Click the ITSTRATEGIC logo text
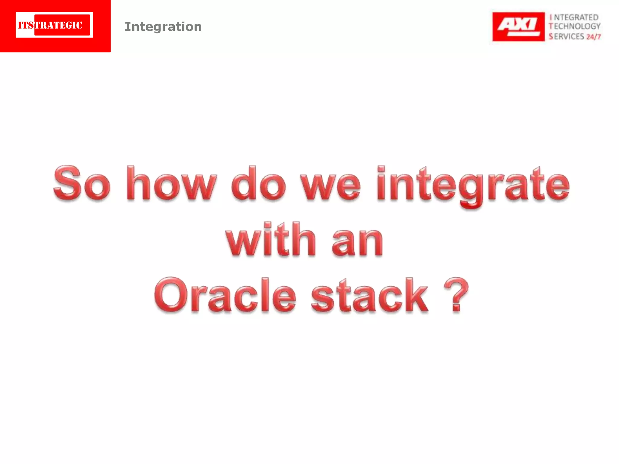point(50,25)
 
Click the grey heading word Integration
point(163,27)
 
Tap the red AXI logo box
point(518,27)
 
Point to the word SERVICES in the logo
point(566,37)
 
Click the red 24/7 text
point(594,37)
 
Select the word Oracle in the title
point(225,295)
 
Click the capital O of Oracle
point(171,295)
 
